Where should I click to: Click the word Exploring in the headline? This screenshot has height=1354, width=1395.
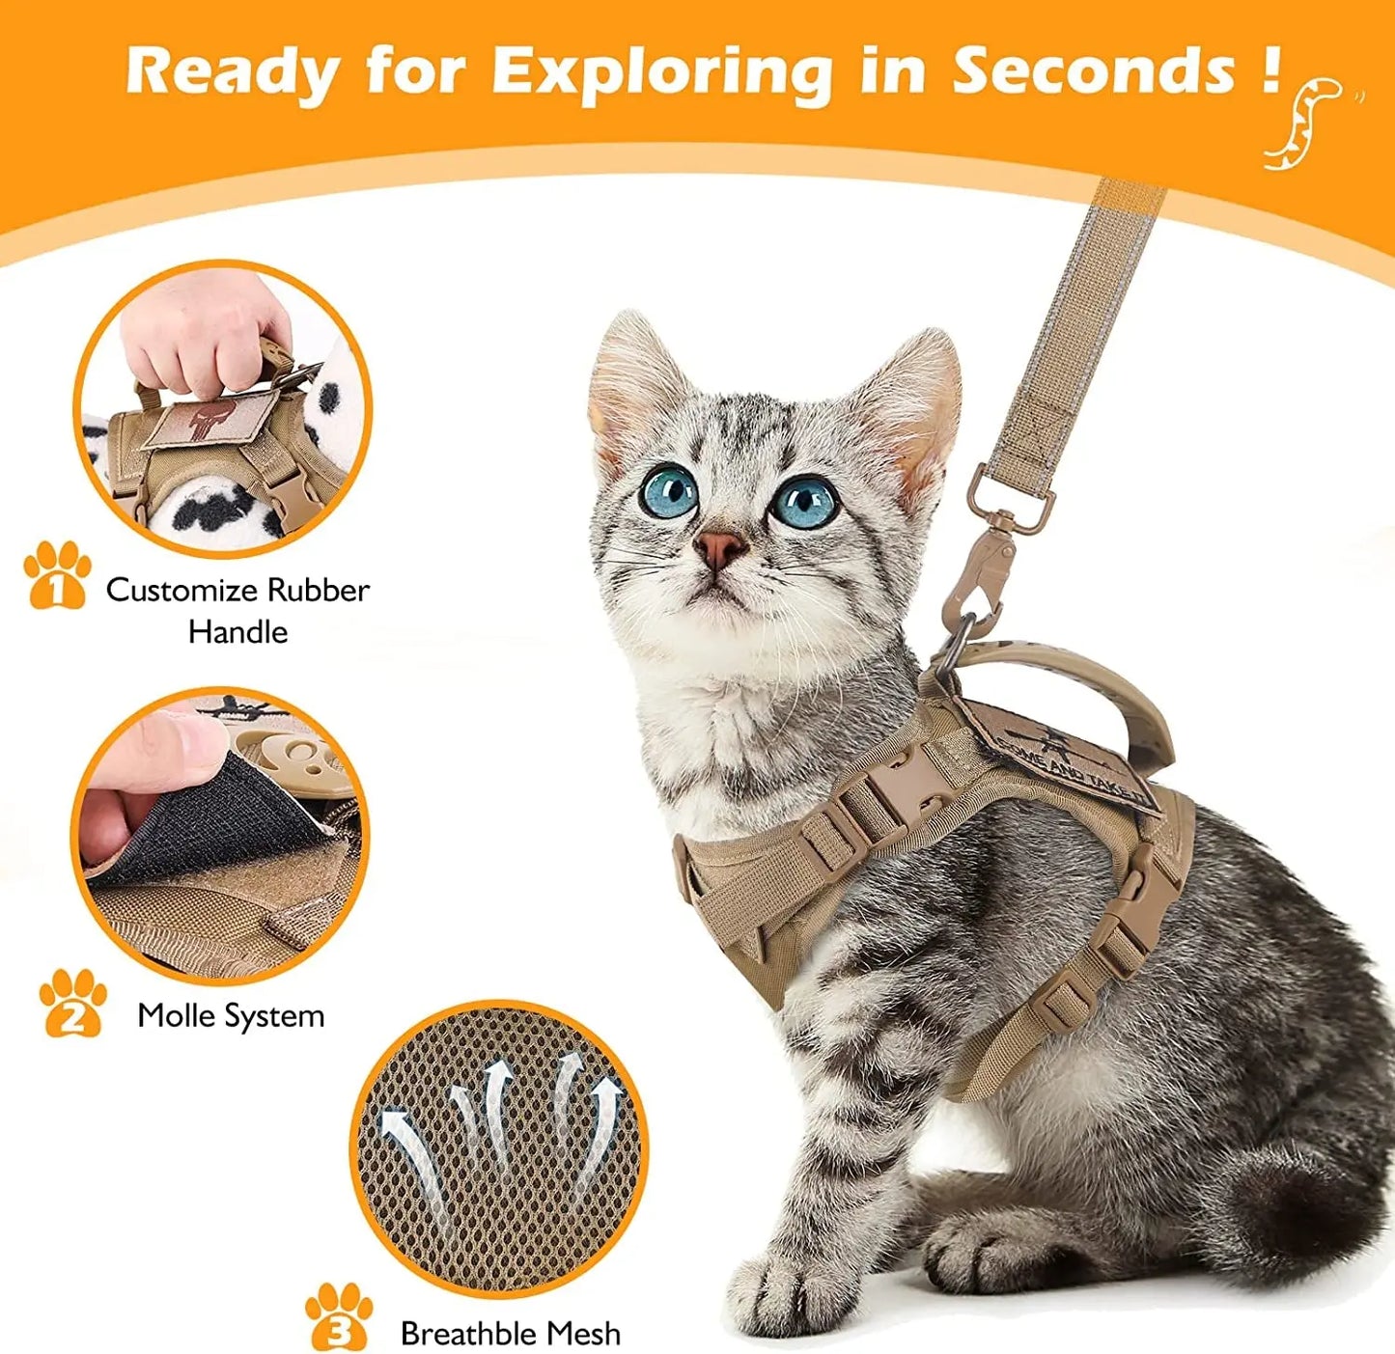[x=662, y=71]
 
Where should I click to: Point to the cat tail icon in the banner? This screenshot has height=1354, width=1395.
[x=1305, y=123]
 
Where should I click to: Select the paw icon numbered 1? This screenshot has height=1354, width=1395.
[x=57, y=576]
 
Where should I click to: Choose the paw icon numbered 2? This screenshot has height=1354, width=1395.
[x=72, y=1004]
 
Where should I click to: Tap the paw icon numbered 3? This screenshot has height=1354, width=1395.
[x=339, y=1316]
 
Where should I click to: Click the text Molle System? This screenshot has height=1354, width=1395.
[x=231, y=1015]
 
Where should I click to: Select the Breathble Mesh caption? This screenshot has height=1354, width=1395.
[x=510, y=1333]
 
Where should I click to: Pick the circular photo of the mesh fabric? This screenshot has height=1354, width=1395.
[x=498, y=1147]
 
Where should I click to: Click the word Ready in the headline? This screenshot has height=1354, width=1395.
[x=232, y=71]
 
